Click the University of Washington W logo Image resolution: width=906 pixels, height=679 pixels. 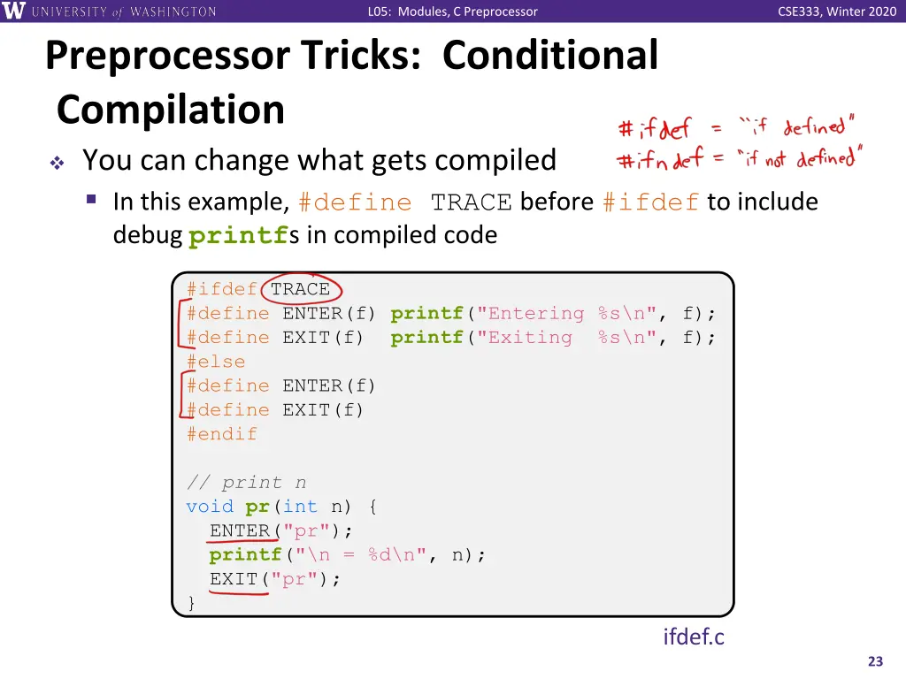click(15, 11)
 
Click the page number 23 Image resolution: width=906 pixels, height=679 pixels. click(876, 661)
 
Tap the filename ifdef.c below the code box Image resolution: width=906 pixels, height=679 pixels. click(694, 637)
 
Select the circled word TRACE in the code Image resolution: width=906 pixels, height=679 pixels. click(300, 289)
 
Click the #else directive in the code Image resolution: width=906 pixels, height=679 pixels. click(215, 362)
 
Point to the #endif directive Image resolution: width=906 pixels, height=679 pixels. click(221, 434)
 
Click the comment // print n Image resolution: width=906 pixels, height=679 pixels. click(246, 483)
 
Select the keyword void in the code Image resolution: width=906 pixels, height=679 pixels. click(210, 507)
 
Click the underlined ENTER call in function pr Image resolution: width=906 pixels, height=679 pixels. click(240, 530)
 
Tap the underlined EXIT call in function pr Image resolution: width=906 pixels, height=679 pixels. click(234, 579)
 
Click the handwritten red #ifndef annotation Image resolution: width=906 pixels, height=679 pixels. click(659, 160)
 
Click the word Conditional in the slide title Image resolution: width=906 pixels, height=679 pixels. click(549, 56)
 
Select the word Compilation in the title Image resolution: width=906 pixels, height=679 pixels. click(171, 111)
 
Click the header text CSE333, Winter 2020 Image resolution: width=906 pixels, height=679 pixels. click(837, 11)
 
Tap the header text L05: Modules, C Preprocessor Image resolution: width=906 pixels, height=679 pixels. click(452, 11)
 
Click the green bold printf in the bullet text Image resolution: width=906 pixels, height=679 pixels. click(238, 236)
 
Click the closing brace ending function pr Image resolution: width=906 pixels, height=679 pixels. click(191, 603)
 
